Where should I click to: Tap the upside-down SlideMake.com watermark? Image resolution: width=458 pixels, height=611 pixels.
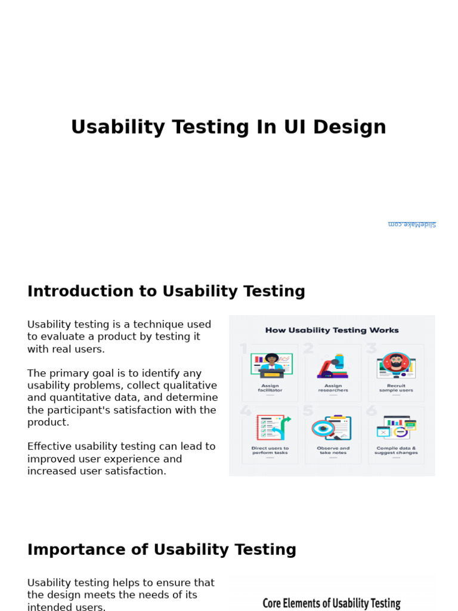tap(411, 224)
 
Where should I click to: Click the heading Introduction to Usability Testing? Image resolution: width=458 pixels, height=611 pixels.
tap(166, 291)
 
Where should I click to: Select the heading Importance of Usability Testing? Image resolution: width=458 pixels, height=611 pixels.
tap(162, 550)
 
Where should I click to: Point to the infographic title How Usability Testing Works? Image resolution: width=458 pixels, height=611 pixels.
tap(332, 330)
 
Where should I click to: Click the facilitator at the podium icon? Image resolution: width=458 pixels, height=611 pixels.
tap(271, 365)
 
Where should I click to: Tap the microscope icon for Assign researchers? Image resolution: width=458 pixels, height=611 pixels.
tap(333, 366)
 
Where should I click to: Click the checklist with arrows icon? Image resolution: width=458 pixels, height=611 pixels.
tap(271, 428)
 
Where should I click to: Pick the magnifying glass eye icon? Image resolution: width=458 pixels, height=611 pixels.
tap(332, 428)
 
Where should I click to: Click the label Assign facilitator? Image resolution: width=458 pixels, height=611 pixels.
tap(270, 388)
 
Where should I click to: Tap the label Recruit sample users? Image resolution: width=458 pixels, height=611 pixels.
tap(396, 388)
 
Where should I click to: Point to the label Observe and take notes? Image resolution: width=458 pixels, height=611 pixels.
tap(333, 450)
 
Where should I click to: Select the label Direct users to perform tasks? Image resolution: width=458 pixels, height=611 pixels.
tap(270, 450)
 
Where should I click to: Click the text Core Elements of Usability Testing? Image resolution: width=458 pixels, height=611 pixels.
tap(332, 603)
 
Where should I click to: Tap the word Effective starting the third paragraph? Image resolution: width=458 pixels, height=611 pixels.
tap(48, 446)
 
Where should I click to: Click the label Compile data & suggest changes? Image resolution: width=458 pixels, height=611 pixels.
tap(396, 450)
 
